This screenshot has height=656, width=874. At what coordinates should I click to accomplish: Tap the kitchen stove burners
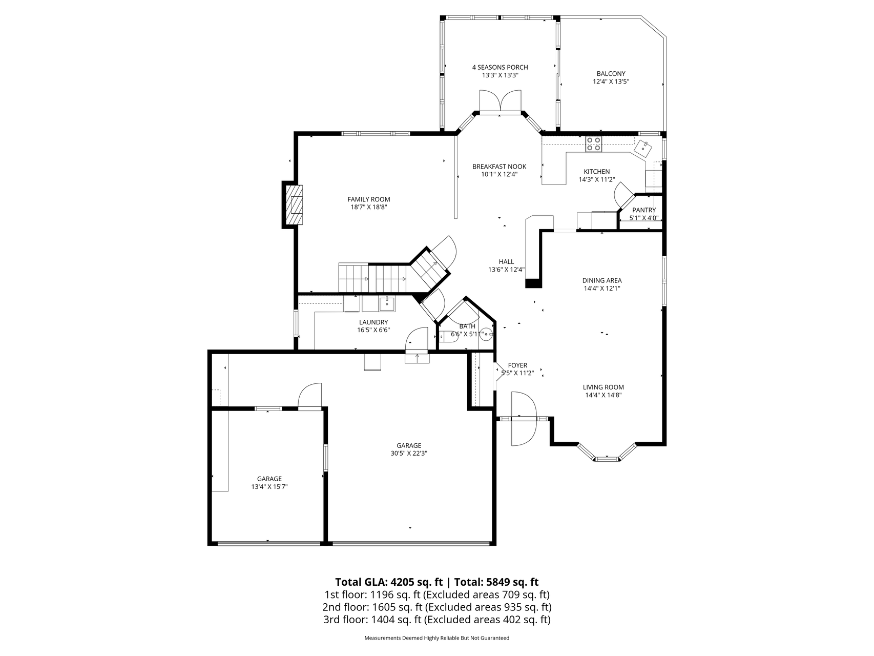pos(594,144)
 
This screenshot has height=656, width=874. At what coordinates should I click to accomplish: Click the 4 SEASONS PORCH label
pos(500,67)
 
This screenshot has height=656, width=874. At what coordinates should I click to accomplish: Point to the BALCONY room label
pos(611,73)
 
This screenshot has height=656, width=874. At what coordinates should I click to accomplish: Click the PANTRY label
pos(644,210)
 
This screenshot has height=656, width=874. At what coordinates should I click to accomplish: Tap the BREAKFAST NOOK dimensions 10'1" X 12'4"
pos(500,174)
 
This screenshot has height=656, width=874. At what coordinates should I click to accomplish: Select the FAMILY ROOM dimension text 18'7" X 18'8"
pos(368,208)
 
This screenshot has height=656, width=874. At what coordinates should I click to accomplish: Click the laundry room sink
pos(386,303)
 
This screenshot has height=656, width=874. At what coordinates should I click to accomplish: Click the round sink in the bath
pos(487,334)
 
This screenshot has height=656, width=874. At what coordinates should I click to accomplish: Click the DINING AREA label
pos(602,280)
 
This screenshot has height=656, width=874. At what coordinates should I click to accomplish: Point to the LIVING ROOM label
pos(604,387)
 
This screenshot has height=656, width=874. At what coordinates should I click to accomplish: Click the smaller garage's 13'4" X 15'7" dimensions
pos(269,487)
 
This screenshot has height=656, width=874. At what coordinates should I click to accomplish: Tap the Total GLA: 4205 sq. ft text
pos(389,582)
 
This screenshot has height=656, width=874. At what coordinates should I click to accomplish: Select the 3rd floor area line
pos(436,620)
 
